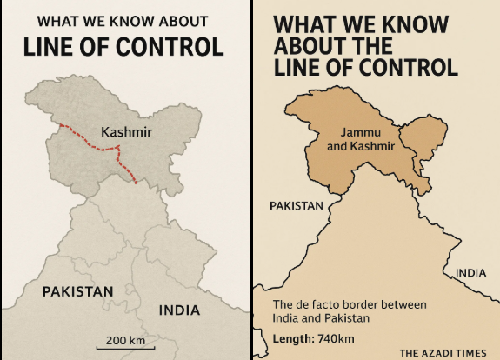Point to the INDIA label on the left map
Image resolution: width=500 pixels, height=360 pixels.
click(x=179, y=310)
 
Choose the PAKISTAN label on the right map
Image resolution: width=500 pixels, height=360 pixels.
click(x=296, y=206)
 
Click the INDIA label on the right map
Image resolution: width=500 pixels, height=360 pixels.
click(x=470, y=273)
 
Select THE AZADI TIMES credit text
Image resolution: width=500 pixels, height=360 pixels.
click(x=443, y=352)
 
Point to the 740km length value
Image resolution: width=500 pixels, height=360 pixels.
click(x=337, y=338)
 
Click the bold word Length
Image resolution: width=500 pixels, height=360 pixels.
click(x=293, y=338)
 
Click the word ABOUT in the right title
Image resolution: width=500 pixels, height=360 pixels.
click(x=309, y=46)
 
